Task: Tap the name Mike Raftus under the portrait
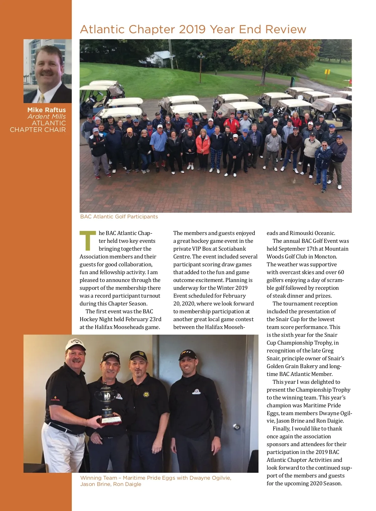(x=46, y=110)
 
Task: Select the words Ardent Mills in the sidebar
(x=47, y=117)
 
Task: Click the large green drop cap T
(x=88, y=241)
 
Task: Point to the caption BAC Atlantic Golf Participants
(x=119, y=216)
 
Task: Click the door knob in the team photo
(x=237, y=426)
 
